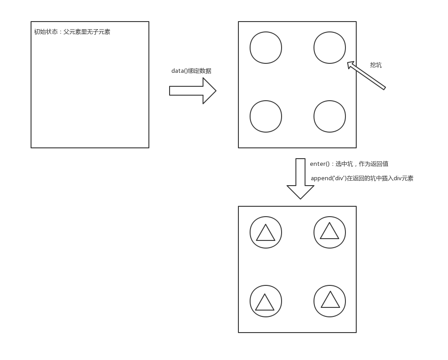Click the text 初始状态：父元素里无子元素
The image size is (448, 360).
[72, 32]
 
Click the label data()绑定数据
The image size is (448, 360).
[191, 71]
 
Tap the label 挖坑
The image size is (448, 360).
[376, 65]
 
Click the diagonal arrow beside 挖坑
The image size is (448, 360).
[367, 76]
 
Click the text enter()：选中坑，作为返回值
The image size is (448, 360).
[349, 164]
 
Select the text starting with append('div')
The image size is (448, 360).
[362, 178]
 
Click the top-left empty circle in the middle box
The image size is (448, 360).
[266, 48]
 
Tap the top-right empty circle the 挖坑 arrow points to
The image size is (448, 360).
[330, 48]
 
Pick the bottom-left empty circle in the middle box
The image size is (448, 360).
[266, 116]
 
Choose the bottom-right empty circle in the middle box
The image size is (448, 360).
[330, 116]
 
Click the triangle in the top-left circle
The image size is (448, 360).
[265, 234]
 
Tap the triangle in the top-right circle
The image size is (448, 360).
[329, 232]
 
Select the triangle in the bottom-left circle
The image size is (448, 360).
[264, 303]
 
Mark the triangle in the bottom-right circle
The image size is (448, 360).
[330, 301]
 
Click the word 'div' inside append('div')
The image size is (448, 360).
[339, 178]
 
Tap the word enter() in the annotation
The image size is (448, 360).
[320, 164]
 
